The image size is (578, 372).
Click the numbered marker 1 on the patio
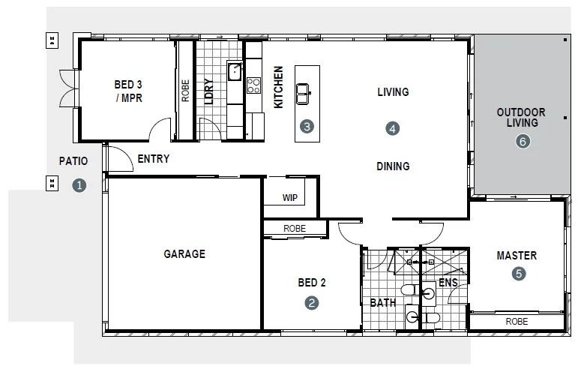(79, 185)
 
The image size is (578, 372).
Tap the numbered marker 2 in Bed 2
(312, 303)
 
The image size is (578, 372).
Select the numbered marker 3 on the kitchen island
(306, 127)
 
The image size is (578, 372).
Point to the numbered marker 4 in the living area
(393, 128)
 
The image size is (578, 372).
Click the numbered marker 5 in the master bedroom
(518, 274)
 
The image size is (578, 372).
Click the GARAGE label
(184, 254)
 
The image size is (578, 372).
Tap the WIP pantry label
(290, 198)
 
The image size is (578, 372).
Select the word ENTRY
(154, 159)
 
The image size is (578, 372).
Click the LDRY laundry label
(209, 92)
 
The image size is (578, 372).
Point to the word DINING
(393, 166)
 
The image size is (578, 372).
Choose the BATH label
(383, 303)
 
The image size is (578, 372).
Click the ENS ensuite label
(448, 283)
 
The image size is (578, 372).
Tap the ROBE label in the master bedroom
(517, 321)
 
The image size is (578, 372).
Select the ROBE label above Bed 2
(294, 229)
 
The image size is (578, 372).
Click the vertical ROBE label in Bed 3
(185, 91)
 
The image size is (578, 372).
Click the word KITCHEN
(278, 88)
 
